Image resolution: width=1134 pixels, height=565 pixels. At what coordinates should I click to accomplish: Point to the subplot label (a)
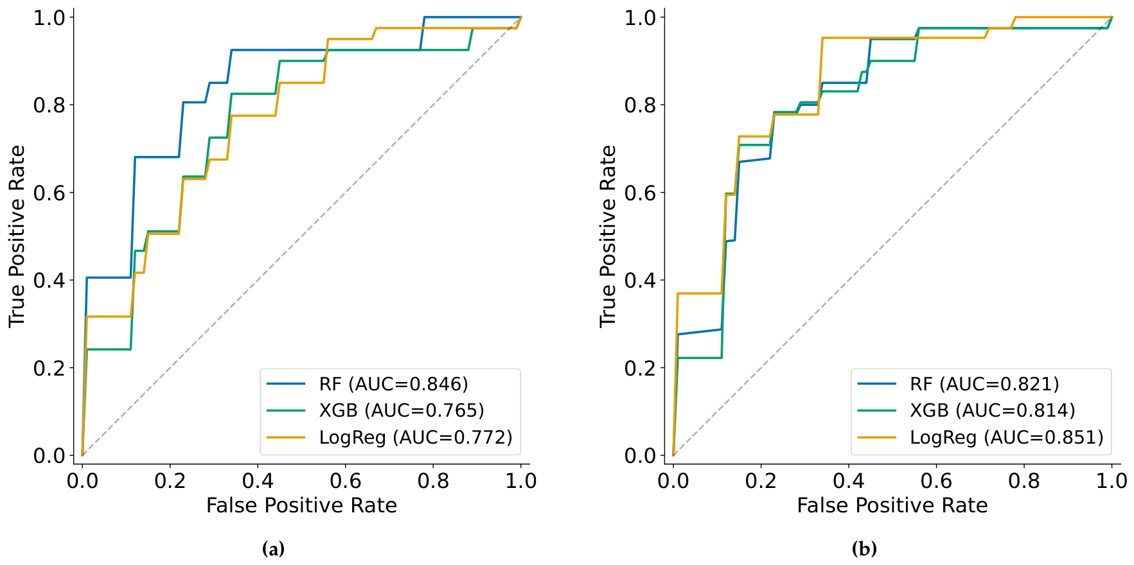pos(274,550)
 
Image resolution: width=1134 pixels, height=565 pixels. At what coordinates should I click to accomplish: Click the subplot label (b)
pos(864,550)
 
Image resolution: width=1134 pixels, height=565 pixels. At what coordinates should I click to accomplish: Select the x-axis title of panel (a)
pos(301,506)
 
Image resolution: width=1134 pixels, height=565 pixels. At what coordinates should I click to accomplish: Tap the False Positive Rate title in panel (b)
pos(892,506)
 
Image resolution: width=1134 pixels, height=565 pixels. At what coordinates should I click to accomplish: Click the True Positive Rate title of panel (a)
pos(17,236)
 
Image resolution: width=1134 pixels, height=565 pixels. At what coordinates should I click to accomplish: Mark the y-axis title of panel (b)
pos(608,236)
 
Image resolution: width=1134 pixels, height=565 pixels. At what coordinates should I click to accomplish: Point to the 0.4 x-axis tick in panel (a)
pos(258,481)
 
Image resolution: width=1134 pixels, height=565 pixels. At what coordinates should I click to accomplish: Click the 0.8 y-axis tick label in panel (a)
pos(49,105)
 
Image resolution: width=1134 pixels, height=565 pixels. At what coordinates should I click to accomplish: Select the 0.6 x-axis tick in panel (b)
pos(936,481)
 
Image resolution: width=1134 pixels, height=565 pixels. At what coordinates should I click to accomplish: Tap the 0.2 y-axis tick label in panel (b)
pos(641,368)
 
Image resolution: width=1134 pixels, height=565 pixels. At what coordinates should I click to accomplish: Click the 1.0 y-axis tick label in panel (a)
pos(49,17)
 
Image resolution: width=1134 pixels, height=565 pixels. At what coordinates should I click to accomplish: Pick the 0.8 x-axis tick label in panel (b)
pos(1024,481)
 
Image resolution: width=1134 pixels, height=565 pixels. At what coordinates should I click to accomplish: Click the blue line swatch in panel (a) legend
pos(286,384)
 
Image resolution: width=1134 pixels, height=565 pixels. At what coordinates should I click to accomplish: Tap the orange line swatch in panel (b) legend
pos(877,437)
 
